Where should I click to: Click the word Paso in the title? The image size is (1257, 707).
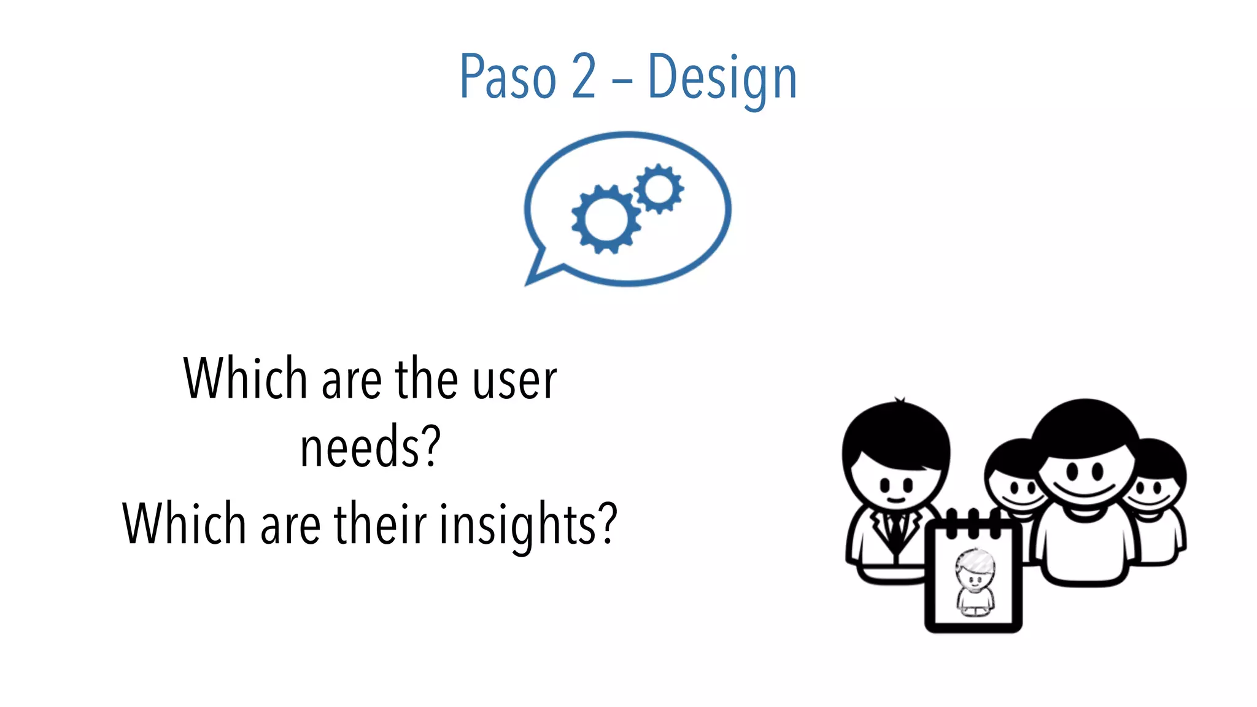click(508, 77)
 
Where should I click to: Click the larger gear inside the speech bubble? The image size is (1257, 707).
click(605, 219)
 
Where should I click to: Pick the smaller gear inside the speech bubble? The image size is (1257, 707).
click(659, 188)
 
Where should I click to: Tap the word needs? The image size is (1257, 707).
click(370, 447)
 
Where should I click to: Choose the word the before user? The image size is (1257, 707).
click(426, 381)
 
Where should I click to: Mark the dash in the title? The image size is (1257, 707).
click(621, 79)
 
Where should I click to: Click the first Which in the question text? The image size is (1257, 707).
click(245, 379)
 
